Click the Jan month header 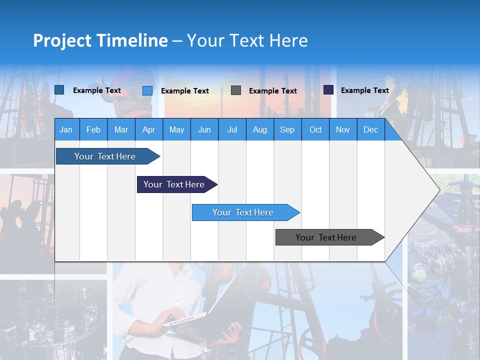tap(66, 130)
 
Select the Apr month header tap(149, 130)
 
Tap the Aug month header tap(260, 130)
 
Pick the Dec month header tap(370, 130)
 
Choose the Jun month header tap(204, 130)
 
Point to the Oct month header tap(315, 130)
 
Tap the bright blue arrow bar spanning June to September tap(244, 212)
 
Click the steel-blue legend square tap(59, 90)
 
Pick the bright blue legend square tap(147, 90)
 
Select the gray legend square tap(236, 90)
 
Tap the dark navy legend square tap(328, 90)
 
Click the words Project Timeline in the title tap(100, 40)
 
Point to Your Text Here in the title tap(247, 40)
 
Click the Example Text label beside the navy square tap(364, 90)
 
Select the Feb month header tap(93, 130)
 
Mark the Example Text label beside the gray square tap(273, 91)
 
